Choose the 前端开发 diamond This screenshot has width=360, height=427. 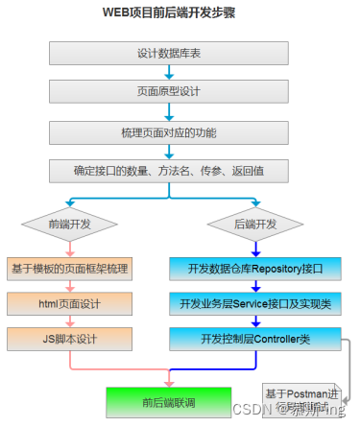(68, 225)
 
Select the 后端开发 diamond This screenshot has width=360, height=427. (255, 225)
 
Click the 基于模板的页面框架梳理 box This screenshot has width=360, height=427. (68, 268)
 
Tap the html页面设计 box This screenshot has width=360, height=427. (68, 303)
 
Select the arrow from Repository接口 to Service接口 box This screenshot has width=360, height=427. (255, 286)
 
